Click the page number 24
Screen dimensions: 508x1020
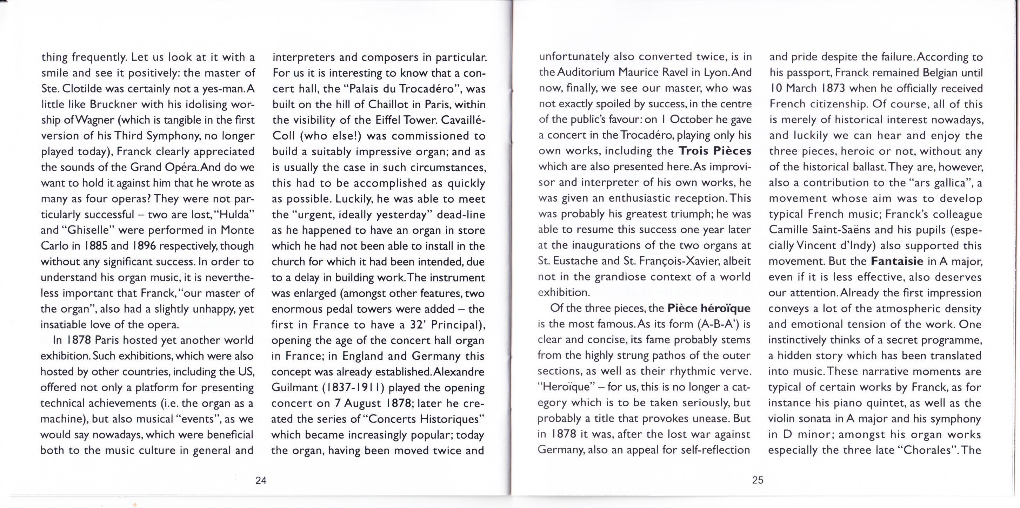tap(261, 480)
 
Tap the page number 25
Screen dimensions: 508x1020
tap(757, 480)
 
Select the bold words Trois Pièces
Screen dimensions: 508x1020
tap(715, 151)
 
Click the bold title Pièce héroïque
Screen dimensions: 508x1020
tap(708, 308)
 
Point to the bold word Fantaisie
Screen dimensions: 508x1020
tap(897, 261)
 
